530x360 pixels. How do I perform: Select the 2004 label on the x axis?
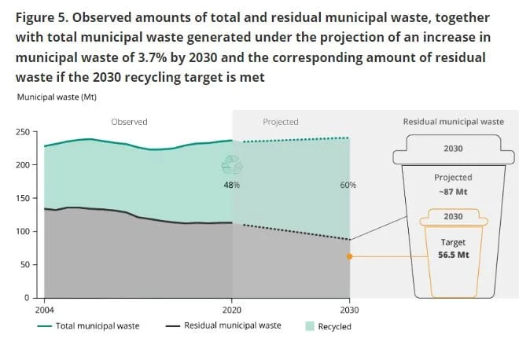[x=44, y=310]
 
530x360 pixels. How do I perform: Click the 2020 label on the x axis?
[x=232, y=310]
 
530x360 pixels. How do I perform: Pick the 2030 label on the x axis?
[x=349, y=310]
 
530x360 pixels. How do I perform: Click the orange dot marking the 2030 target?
[x=349, y=256]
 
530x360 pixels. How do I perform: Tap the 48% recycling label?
[x=231, y=185]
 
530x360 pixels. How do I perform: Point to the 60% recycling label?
[x=348, y=185]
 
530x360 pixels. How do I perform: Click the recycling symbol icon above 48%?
[x=232, y=165]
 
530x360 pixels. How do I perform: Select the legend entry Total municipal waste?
[x=88, y=326]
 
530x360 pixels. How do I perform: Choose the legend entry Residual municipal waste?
[x=223, y=325]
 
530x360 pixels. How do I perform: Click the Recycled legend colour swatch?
[x=310, y=326]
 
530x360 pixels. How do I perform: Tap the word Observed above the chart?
[x=129, y=122]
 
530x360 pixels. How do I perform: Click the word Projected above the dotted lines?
[x=281, y=122]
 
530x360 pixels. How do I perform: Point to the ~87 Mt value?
[x=453, y=192]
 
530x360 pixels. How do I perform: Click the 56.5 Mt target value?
[x=453, y=255]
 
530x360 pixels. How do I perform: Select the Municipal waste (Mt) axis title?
[x=57, y=97]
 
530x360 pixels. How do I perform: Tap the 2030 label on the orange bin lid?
[x=453, y=216]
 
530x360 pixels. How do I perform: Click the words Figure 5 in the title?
[x=42, y=18]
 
